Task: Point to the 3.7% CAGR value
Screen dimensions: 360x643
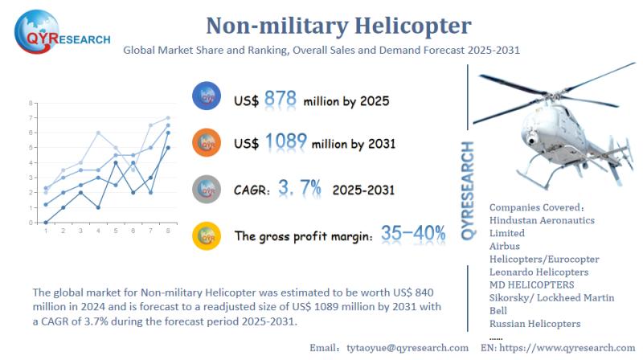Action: (299, 189)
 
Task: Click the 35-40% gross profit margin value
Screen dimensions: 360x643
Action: (414, 234)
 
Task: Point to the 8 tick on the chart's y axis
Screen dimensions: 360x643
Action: (31, 103)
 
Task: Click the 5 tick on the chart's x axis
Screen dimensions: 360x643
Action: (116, 231)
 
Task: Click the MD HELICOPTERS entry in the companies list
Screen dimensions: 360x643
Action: (531, 284)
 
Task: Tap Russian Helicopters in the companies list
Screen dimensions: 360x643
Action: (534, 324)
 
